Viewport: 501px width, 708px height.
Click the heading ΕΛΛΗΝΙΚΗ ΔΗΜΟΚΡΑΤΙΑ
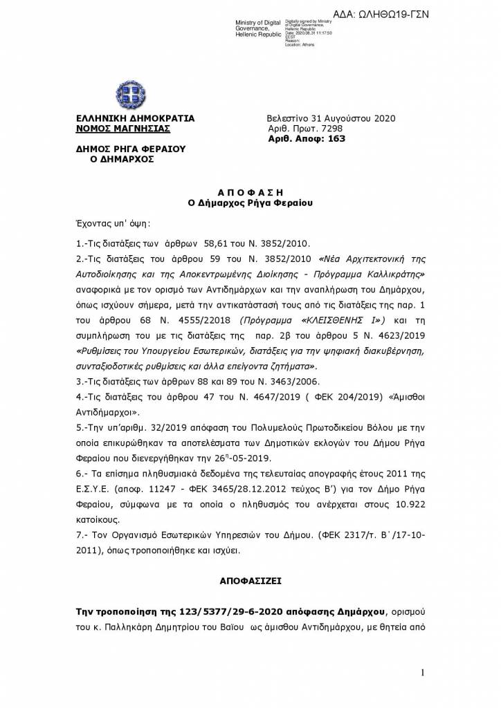(135, 118)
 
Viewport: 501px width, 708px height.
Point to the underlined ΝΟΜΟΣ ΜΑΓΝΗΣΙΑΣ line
(122, 129)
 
